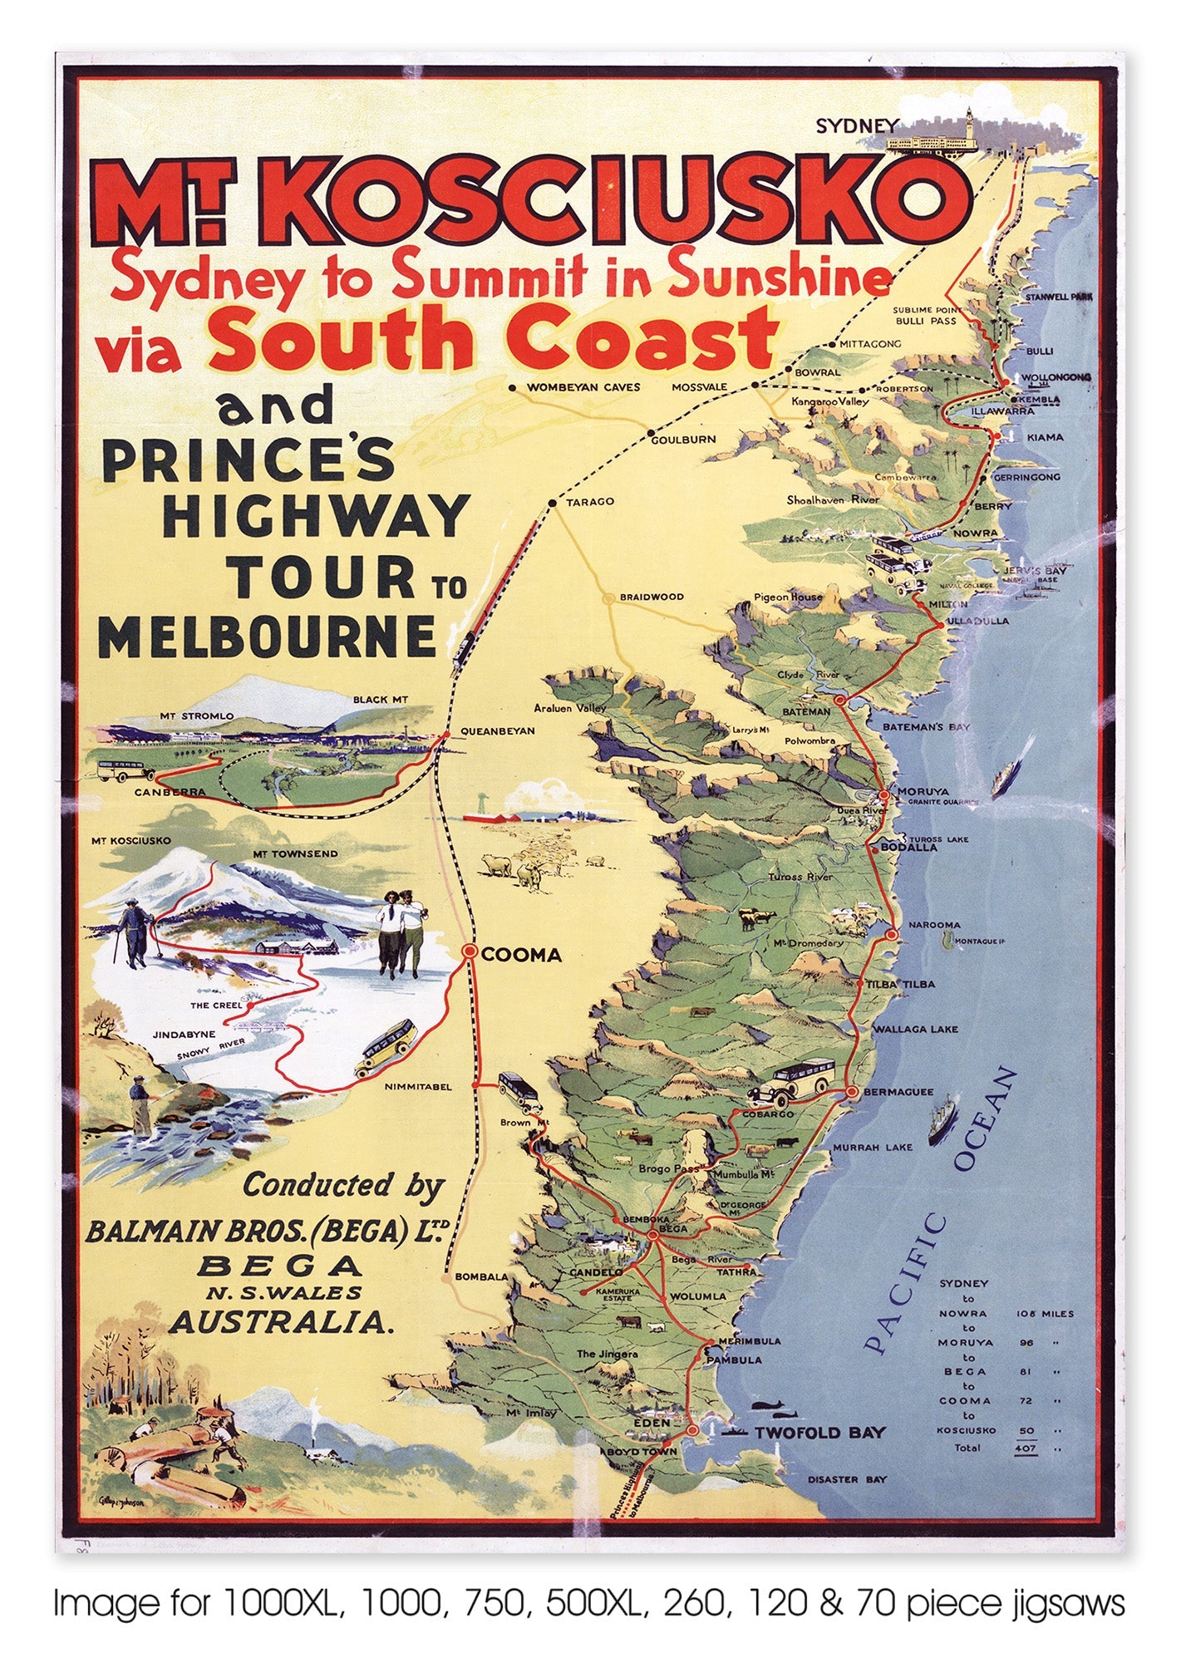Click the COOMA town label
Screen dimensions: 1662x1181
pos(521,956)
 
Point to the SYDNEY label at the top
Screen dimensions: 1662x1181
pos(856,126)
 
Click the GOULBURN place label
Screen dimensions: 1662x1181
pos(683,440)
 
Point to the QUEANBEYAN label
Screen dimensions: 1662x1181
pos(497,731)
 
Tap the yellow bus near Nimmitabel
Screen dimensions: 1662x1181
pos(387,1049)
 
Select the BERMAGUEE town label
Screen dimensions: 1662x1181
pos(900,1092)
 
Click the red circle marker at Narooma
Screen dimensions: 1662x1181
pos(893,936)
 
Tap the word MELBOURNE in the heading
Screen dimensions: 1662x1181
pos(268,637)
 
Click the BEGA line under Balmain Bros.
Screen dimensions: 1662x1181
pos(280,1266)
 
